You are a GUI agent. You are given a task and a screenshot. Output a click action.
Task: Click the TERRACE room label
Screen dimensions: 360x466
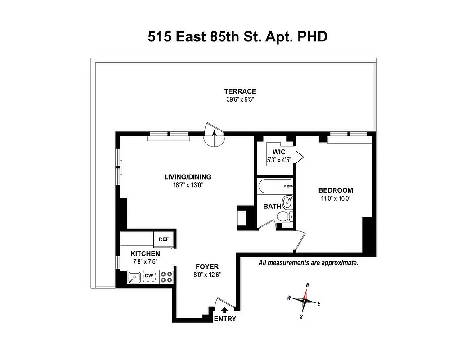[240, 91]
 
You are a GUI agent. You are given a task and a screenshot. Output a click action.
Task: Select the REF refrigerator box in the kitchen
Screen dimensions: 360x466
[164, 239]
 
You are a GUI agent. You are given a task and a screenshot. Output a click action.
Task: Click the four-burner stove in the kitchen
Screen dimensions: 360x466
[166, 276]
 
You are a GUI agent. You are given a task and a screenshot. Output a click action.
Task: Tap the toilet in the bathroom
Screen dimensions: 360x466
[284, 217]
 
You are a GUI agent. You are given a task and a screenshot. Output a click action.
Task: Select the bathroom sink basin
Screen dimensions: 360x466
[287, 202]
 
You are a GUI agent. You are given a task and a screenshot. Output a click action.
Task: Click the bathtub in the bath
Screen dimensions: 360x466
[275, 186]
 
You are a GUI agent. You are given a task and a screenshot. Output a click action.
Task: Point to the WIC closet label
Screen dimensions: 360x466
[279, 152]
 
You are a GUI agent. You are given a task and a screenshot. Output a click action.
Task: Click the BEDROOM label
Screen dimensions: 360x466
[335, 190]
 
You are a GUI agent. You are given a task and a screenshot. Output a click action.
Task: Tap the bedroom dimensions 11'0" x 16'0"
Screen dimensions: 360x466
[335, 198]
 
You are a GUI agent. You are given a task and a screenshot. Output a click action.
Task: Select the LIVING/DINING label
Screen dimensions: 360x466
[188, 177]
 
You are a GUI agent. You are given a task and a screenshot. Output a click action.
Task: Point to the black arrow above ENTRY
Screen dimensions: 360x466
[225, 310]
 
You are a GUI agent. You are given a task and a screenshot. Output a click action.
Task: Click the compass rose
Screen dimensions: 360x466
[305, 300]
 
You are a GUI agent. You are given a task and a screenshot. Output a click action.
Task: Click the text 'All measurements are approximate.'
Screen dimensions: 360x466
[308, 263]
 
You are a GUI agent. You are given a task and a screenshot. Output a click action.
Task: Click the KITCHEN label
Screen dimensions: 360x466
[145, 254]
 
